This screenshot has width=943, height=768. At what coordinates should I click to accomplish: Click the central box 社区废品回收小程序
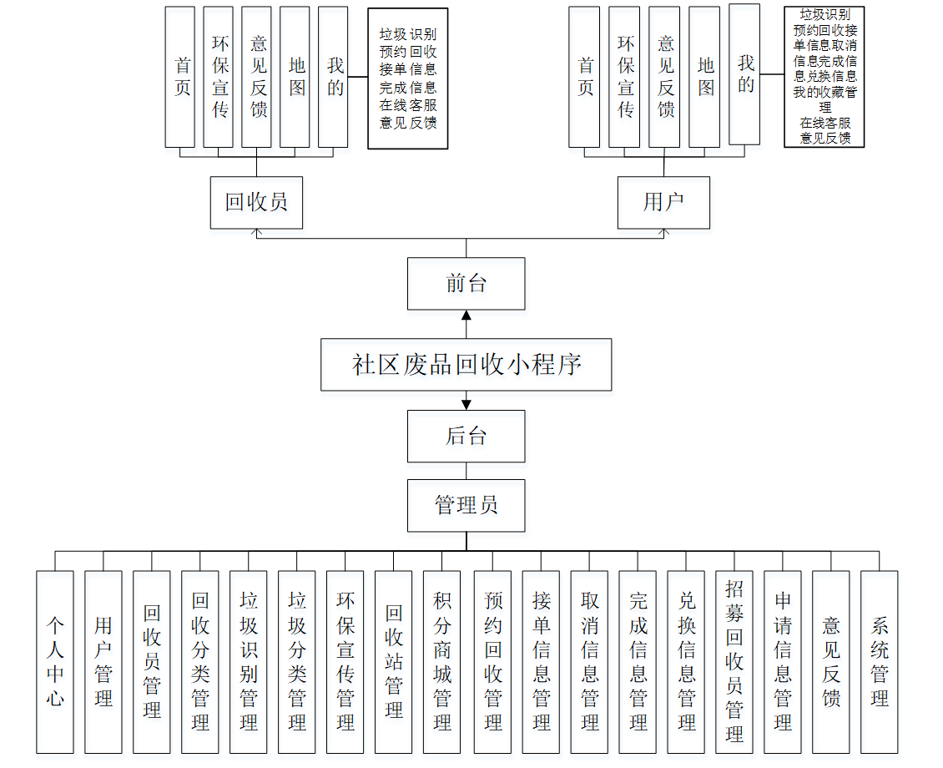click(x=466, y=365)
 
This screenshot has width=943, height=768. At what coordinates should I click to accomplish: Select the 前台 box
click(x=466, y=284)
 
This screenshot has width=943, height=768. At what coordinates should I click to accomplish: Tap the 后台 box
click(x=466, y=436)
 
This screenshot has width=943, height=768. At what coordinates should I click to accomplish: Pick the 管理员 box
click(x=466, y=505)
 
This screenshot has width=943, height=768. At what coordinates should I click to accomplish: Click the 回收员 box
click(x=256, y=202)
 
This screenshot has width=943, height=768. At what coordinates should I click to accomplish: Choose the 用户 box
click(x=663, y=202)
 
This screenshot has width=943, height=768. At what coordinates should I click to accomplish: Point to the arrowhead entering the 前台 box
click(x=466, y=316)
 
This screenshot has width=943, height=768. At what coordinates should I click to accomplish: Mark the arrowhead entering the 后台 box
click(x=466, y=405)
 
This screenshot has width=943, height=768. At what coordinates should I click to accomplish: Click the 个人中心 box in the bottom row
click(x=55, y=661)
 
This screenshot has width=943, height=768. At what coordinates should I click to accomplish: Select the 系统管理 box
click(x=880, y=661)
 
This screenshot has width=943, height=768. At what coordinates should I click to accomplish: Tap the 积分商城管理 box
click(x=442, y=661)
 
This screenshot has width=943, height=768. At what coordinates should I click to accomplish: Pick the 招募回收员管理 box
click(x=734, y=661)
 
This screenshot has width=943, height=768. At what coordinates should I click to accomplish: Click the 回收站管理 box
click(x=394, y=661)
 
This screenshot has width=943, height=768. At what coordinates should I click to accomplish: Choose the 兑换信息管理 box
click(x=686, y=661)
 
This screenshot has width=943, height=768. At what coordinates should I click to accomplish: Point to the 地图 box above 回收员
click(x=297, y=77)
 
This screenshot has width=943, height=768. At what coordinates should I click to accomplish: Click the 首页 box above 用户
click(x=585, y=77)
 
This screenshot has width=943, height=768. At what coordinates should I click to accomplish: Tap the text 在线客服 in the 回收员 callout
click(x=408, y=105)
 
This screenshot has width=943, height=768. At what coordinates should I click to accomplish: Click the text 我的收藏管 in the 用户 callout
click(x=824, y=92)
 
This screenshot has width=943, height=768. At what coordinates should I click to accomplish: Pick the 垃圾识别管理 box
click(x=249, y=661)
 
